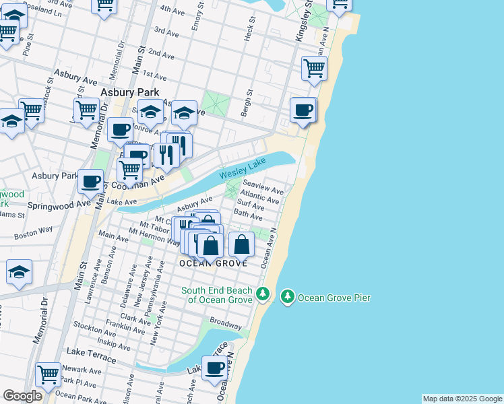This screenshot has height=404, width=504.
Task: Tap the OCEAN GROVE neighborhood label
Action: (x=215, y=263)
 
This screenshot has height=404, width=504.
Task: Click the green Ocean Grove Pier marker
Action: (x=288, y=296)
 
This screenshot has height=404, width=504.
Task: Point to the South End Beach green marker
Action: (x=263, y=294)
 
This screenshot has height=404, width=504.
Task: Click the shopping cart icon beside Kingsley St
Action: (x=314, y=68)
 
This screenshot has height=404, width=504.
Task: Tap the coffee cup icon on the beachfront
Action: (x=303, y=110)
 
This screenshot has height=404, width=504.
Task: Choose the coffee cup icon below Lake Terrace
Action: (x=215, y=368)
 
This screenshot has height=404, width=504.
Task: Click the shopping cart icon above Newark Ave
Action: (x=48, y=374)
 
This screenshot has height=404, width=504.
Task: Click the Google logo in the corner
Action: (x=22, y=396)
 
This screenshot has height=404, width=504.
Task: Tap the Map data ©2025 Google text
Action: (x=462, y=399)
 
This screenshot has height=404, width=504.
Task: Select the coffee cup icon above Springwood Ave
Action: (x=91, y=180)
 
